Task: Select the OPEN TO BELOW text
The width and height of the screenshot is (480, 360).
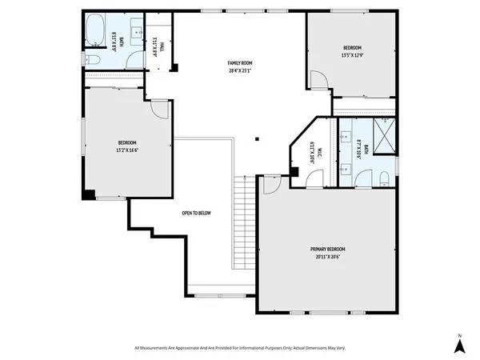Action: point(196,213)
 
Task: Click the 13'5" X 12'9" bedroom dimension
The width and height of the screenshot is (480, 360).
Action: point(352,55)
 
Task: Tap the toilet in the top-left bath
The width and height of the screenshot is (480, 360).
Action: point(92,59)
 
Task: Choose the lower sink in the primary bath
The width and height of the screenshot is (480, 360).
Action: point(346,170)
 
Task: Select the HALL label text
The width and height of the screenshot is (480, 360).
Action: point(162,47)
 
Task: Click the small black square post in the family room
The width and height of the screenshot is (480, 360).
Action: point(257,139)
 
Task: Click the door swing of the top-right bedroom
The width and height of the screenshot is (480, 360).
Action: point(318,80)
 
